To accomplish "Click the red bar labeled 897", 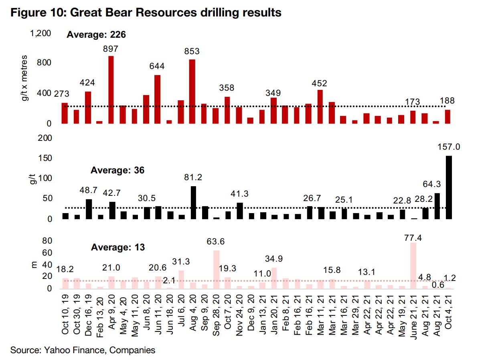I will click(x=111, y=90).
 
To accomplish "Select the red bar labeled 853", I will click(x=192, y=92).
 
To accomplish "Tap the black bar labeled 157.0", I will click(x=449, y=187).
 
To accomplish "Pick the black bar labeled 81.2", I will click(x=193, y=203).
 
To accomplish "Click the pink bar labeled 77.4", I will click(x=414, y=266).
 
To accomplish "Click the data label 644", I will click(x=157, y=66).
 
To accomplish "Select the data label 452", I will click(x=320, y=83).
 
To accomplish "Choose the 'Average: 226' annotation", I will click(x=96, y=35).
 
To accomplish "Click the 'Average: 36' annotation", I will click(x=117, y=170).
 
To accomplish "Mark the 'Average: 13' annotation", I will click(x=117, y=247).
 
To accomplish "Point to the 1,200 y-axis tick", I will click(x=41, y=33).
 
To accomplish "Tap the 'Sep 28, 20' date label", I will click(x=216, y=317).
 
